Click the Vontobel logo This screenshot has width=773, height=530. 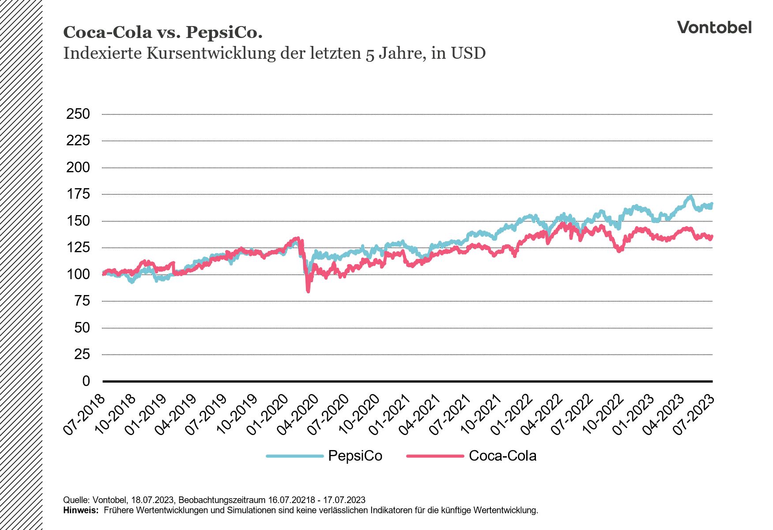714,27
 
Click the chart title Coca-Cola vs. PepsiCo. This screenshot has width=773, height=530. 163,32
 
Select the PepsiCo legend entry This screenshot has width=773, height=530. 354,456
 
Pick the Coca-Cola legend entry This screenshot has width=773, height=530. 502,456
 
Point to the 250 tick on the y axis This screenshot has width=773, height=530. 78,114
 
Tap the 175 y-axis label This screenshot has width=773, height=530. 78,194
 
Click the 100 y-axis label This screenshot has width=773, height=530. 78,274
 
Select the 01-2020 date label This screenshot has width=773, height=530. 268,414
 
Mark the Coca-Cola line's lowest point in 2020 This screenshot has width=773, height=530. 308,291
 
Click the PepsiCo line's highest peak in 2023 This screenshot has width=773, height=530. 690,196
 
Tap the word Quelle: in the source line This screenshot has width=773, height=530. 76,500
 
